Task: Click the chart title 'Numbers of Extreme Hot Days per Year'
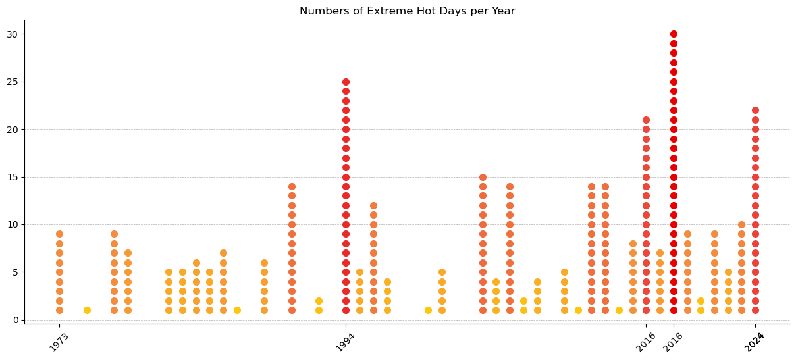click(x=407, y=11)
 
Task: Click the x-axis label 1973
click(x=59, y=342)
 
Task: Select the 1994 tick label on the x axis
click(x=346, y=342)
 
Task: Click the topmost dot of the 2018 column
click(x=674, y=34)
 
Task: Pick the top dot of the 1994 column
click(x=346, y=82)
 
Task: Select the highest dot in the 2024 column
click(x=755, y=111)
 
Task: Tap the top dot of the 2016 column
click(x=646, y=120)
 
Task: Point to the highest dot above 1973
click(x=59, y=234)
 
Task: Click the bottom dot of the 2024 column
click(x=755, y=310)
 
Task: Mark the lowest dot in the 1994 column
click(x=346, y=310)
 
